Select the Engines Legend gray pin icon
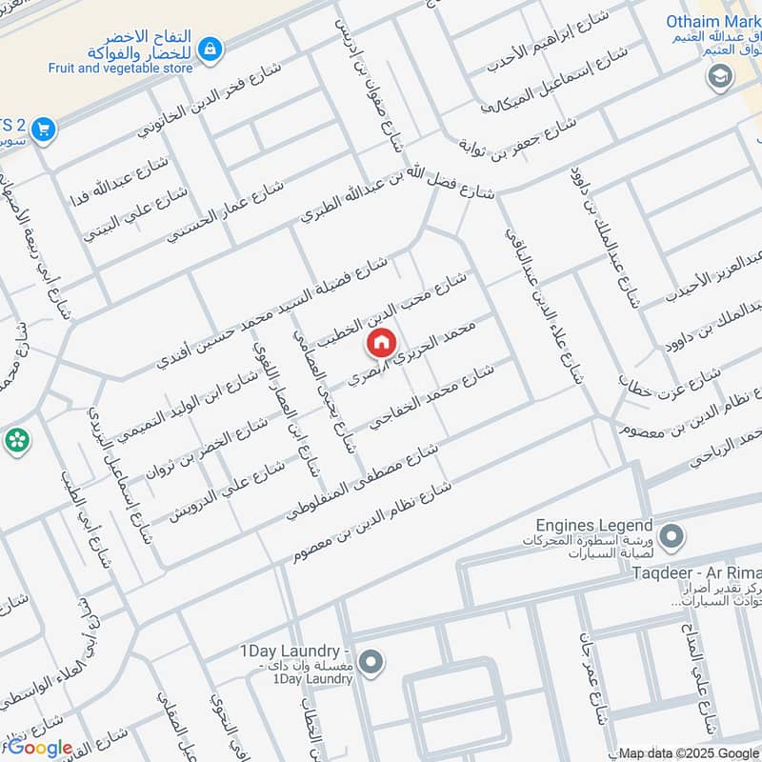672,536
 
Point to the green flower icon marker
16,439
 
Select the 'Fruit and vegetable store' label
121,68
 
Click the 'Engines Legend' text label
593,526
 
